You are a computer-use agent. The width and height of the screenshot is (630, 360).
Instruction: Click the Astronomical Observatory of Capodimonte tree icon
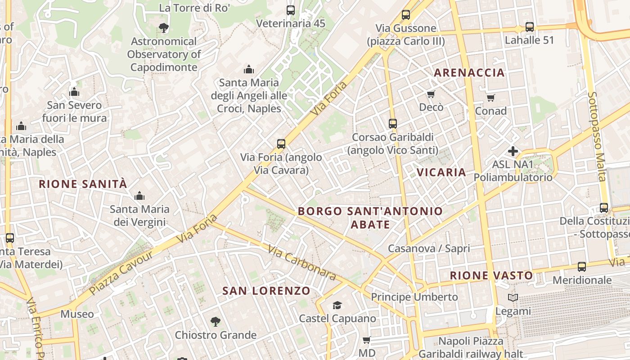[163, 28]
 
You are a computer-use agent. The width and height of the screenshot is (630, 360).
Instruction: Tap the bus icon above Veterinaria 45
[291, 10]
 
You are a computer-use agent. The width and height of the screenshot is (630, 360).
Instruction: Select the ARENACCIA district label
[469, 72]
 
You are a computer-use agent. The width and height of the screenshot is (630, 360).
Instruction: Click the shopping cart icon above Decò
[431, 94]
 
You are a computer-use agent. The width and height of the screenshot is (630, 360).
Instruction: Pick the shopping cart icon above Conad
[491, 98]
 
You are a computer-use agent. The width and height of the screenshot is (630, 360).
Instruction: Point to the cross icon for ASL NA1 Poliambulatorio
[513, 151]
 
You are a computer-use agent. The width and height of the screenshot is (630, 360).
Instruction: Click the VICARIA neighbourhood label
[441, 172]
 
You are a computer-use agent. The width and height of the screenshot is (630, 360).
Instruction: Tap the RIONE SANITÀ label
[83, 184]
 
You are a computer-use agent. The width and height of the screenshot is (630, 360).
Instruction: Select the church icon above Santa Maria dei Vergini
[139, 196]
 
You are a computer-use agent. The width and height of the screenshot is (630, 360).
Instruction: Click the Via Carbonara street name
[302, 263]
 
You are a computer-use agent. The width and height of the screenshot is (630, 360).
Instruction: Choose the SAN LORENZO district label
[266, 291]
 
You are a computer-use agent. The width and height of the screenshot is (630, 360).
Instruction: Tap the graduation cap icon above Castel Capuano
[337, 306]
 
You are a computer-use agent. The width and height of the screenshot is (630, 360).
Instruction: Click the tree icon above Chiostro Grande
[216, 322]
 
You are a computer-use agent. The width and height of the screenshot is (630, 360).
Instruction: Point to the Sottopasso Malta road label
[597, 137]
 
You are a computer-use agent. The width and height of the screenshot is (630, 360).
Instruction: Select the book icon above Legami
[513, 297]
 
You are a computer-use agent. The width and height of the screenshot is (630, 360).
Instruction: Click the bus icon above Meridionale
[582, 266]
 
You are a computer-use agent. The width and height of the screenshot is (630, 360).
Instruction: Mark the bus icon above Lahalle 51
[530, 27]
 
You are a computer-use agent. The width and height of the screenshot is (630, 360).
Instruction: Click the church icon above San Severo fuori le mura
[74, 92]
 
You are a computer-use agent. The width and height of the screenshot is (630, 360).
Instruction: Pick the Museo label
[77, 314]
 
